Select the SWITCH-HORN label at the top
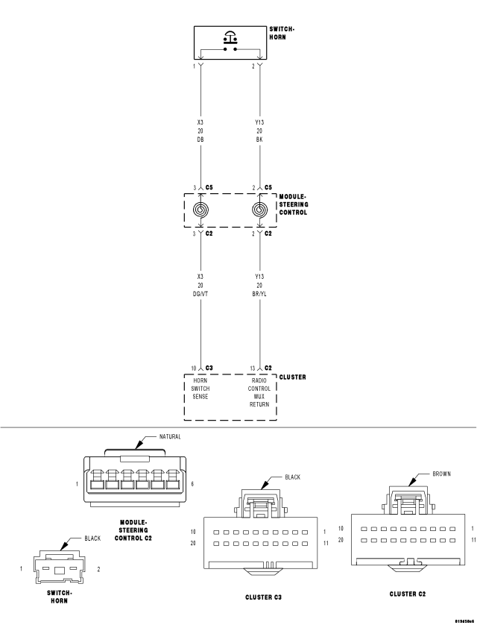282,33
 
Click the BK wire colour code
259,139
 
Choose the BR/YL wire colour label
259,294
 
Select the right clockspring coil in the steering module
259,210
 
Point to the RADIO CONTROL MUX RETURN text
259,392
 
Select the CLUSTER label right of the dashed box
293,377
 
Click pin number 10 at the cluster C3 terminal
193,368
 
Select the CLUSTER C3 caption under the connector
263,597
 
